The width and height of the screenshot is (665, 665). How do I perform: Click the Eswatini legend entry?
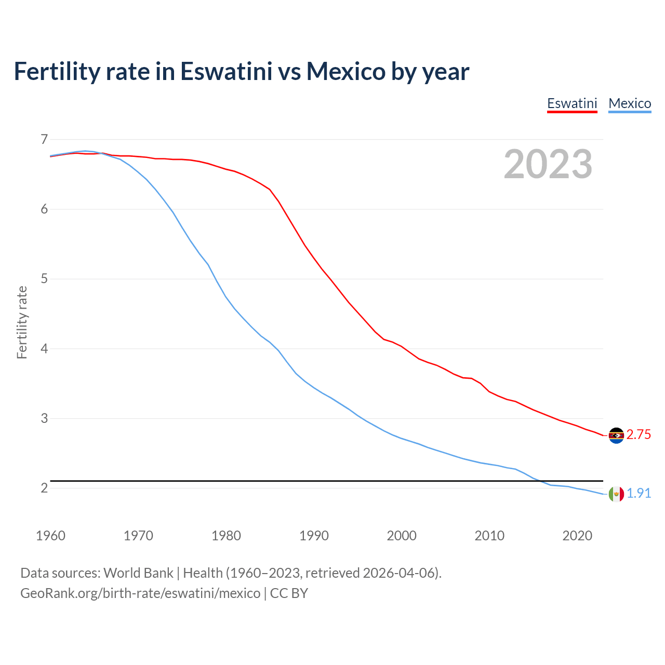tap(572, 103)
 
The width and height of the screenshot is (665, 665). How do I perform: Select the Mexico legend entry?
tap(630, 103)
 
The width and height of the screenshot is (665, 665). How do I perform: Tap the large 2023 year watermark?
tap(548, 164)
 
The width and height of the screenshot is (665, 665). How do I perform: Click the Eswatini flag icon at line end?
tap(616, 435)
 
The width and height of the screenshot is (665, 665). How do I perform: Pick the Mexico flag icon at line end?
tap(616, 494)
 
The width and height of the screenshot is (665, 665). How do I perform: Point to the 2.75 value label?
tap(639, 435)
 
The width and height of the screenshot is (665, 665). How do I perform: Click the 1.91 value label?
tap(639, 494)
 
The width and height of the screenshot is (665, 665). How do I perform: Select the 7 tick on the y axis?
tap(44, 139)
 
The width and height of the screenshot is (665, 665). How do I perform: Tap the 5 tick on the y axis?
tap(44, 279)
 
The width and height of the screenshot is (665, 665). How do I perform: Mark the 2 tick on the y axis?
tap(44, 488)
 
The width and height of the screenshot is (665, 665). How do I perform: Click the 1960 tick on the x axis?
tap(50, 536)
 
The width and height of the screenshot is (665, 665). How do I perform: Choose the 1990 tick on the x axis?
tap(314, 536)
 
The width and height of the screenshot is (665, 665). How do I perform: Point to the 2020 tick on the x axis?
tap(577, 536)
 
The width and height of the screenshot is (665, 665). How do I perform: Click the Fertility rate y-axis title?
tap(22, 322)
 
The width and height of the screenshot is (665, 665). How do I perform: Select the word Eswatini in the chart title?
tap(226, 71)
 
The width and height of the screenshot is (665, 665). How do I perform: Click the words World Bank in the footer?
tap(138, 573)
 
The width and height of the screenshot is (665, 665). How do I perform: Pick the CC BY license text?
tap(289, 593)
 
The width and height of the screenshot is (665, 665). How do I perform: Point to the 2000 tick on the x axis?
tap(402, 536)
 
